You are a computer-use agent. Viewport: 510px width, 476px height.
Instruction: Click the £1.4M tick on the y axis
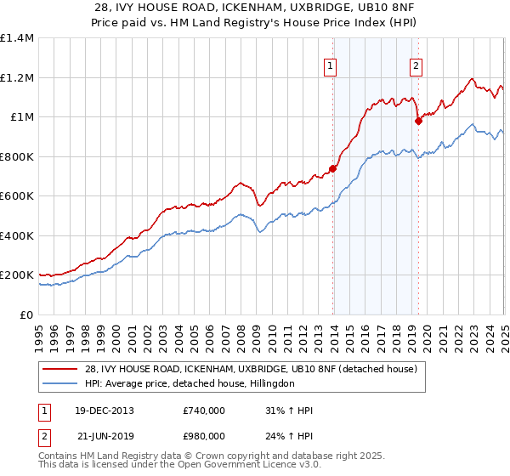point(17,38)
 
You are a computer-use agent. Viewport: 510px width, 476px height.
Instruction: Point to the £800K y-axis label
point(17,156)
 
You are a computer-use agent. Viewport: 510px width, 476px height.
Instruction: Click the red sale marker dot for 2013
point(332,168)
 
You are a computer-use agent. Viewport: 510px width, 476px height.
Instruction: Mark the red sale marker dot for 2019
point(418,122)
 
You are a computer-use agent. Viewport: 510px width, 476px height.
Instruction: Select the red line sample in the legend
point(59,369)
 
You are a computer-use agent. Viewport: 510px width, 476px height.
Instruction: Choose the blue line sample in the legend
point(59,384)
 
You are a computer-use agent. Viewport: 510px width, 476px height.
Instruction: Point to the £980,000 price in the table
point(204,439)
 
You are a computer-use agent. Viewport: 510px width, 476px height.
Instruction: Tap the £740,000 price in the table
point(204,411)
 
